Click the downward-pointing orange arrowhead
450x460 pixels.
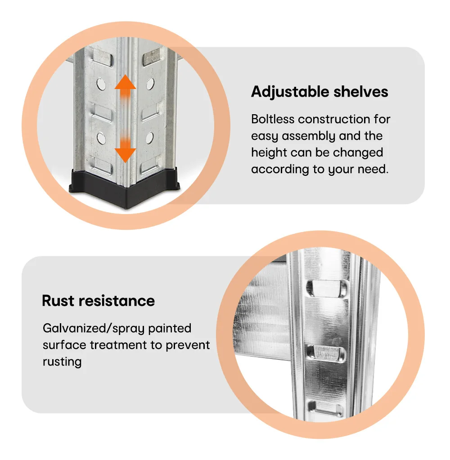pos(125,155)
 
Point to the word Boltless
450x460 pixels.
pos(273,119)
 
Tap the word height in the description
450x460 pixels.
pos(269,153)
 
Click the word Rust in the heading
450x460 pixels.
pos(58,301)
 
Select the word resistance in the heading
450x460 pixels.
pos(117,301)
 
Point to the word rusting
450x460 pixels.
pos(62,362)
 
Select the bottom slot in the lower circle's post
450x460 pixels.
pos(325,408)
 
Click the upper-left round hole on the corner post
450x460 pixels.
pos(101,85)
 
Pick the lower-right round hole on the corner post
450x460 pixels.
pos(150,138)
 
